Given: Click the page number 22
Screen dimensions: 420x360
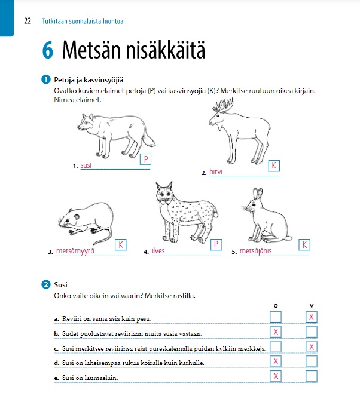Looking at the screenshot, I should point(27,22).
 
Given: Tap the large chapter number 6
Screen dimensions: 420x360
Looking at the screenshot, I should point(48,51).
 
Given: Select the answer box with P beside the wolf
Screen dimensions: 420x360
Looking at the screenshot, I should point(146,160).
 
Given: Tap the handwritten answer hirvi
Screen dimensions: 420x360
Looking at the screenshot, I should point(216,172).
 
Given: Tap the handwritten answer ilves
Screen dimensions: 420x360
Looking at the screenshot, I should point(158,251).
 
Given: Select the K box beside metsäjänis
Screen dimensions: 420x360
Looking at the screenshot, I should point(304,245).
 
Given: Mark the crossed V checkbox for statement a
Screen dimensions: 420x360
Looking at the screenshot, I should point(311,317).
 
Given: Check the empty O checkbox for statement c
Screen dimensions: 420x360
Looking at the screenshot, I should point(276,347).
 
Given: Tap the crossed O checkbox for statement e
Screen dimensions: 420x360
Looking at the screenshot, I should point(276,376).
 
